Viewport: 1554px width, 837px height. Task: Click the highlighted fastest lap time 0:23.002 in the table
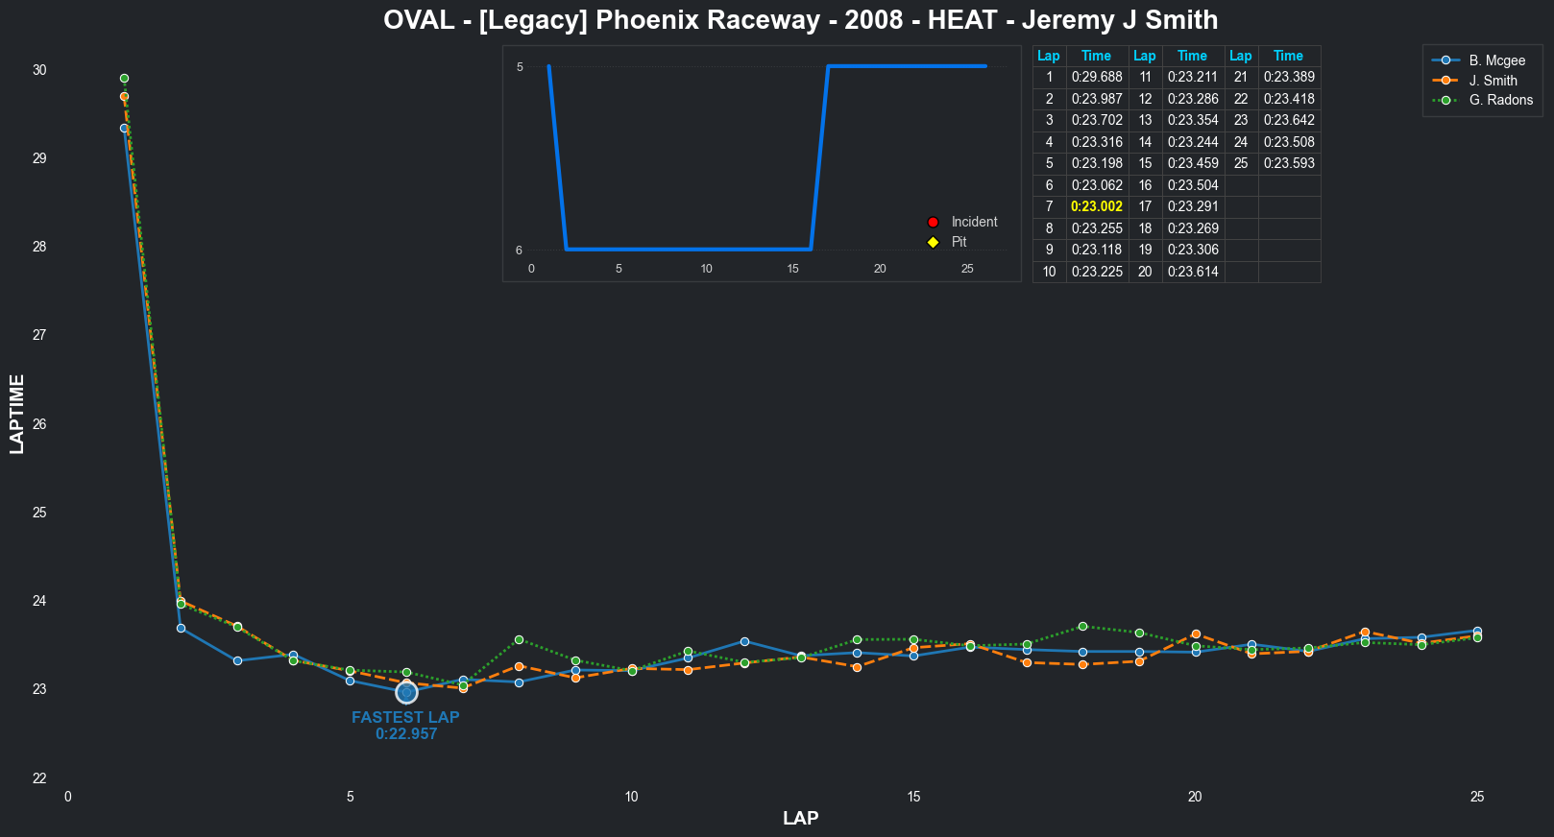(x=1096, y=206)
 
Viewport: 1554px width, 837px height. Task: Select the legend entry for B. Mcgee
(x=1496, y=60)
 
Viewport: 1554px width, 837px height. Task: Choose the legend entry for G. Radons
(x=1500, y=100)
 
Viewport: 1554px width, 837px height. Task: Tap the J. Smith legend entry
(x=1493, y=81)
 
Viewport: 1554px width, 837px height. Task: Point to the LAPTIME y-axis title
(x=17, y=414)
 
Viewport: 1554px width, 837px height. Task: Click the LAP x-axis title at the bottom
(x=800, y=818)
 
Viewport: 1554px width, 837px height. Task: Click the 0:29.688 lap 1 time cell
(x=1096, y=77)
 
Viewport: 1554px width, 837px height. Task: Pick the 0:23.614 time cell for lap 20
(x=1192, y=272)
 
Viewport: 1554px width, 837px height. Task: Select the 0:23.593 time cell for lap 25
(x=1288, y=163)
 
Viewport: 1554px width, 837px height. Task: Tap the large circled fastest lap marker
(x=406, y=693)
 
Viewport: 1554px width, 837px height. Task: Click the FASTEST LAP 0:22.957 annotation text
(x=405, y=726)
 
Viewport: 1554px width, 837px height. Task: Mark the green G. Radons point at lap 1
(x=124, y=79)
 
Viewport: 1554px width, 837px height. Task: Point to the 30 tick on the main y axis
(x=39, y=70)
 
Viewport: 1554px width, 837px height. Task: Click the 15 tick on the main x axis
(x=913, y=797)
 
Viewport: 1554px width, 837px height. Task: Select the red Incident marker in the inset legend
(x=933, y=222)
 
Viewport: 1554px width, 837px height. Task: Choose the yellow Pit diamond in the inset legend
(x=933, y=242)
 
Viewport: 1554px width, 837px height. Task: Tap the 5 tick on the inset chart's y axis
(x=520, y=66)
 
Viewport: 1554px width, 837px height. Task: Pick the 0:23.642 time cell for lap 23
(x=1288, y=120)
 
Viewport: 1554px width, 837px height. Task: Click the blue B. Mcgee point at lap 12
(x=744, y=641)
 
